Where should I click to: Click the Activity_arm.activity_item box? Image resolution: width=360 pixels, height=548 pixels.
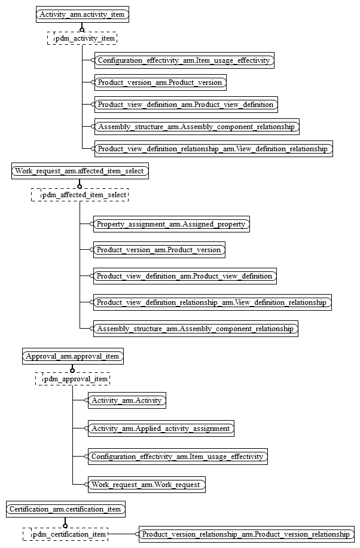point(83,14)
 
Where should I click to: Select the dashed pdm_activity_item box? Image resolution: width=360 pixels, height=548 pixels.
point(82,38)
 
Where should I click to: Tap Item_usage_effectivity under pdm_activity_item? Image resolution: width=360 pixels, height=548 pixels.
point(184,60)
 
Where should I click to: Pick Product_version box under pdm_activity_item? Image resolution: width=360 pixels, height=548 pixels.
point(160,82)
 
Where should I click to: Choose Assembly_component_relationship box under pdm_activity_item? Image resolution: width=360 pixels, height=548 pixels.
point(196,127)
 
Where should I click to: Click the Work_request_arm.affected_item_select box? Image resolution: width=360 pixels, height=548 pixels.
point(80,171)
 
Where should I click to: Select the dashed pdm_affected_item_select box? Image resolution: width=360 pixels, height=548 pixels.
point(80,195)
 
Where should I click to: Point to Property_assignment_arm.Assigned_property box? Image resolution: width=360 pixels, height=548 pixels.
point(171,224)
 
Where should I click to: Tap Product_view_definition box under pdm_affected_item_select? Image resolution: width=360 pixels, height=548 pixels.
point(184,276)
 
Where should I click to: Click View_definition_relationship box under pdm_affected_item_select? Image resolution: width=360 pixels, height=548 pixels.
point(212,302)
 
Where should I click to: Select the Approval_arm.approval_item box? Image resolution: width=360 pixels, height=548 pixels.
point(72,356)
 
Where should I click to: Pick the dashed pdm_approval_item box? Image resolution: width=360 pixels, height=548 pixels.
point(72,379)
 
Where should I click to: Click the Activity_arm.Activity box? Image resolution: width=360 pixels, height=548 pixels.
point(126,400)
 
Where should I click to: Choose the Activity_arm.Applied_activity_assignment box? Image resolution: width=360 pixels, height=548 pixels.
point(160,428)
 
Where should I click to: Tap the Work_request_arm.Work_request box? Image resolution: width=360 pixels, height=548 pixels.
point(146,485)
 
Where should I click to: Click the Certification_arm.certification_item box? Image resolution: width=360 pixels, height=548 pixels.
point(66,510)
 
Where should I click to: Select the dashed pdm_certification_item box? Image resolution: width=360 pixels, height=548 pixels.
point(66,534)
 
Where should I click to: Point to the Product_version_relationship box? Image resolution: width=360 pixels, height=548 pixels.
point(245,534)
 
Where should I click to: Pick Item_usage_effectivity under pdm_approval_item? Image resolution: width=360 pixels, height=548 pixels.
point(177,457)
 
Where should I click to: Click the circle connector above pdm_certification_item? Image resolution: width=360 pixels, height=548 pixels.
point(66,521)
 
